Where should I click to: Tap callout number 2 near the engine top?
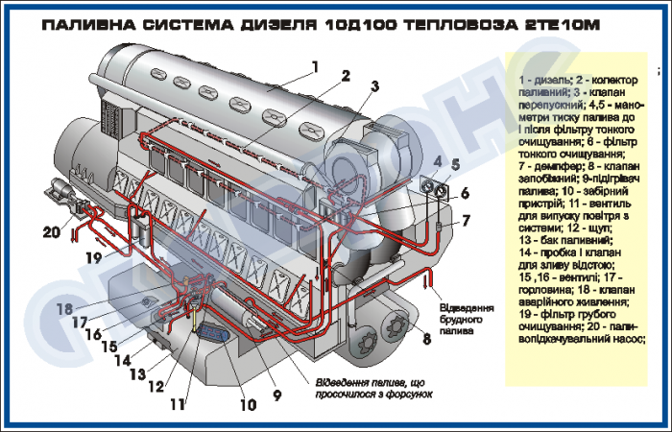point(345,77)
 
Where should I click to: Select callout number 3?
point(374,86)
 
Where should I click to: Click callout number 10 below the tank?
point(249,405)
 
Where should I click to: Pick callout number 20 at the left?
point(50,230)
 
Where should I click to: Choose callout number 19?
point(93,257)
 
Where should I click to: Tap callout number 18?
point(64,309)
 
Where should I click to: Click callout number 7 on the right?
point(465,221)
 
